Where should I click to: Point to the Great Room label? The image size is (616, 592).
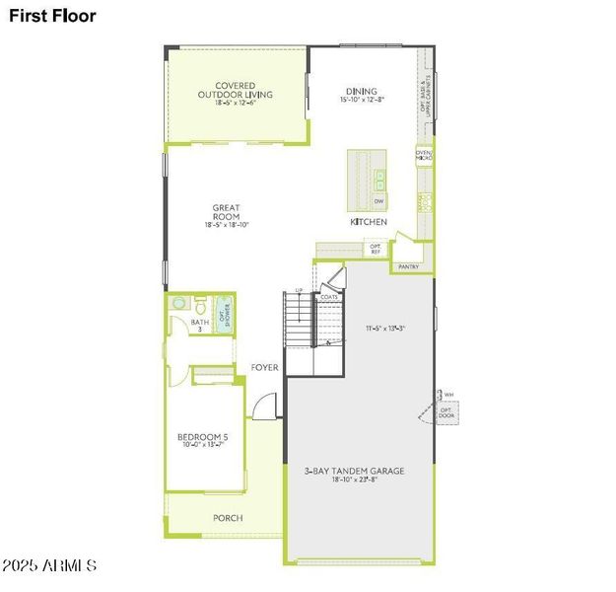(226, 213)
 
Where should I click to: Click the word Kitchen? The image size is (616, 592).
(369, 222)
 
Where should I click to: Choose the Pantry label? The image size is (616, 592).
(408, 266)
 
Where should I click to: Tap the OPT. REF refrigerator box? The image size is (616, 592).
(376, 251)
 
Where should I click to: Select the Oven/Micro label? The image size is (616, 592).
(424, 155)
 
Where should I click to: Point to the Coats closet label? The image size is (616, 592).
(329, 297)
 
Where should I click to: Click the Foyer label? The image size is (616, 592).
(264, 368)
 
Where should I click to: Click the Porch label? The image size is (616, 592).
(228, 518)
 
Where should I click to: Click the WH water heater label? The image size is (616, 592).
(448, 395)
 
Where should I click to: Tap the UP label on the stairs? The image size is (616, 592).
(299, 290)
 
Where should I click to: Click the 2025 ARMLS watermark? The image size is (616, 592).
(49, 566)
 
